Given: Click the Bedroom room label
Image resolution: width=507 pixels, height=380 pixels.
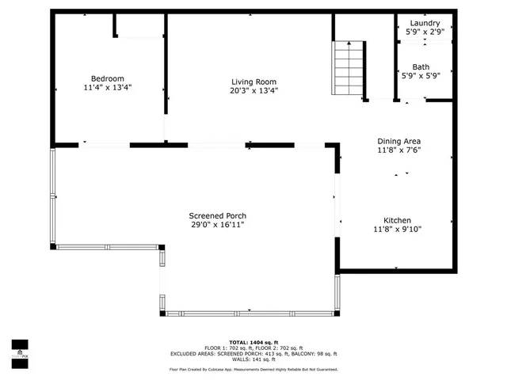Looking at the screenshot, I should point(108,78).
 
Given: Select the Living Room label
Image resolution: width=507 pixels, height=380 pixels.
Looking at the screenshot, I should point(253,82).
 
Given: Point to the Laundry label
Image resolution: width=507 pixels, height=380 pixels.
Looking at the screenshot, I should point(425,23).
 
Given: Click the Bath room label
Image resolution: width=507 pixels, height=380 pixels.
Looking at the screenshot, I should point(421,66).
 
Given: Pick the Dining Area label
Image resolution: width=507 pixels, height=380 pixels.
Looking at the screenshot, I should point(398,141).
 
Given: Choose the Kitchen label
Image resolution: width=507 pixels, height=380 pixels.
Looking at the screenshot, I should point(398,220).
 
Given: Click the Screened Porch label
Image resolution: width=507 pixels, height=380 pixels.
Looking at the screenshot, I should point(217,215).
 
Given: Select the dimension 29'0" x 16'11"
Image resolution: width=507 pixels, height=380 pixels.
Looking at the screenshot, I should point(217,225).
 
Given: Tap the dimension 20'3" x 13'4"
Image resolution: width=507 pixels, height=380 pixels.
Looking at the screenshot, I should point(253,90).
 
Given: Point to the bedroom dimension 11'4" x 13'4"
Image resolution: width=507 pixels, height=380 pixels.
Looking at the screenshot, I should point(108,88).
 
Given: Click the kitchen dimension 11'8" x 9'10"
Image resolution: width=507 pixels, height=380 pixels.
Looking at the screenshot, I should point(398,230).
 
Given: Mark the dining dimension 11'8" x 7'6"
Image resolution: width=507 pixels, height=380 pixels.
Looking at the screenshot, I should point(398,150).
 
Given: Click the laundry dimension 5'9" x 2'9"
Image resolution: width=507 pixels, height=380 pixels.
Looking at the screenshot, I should point(425,32).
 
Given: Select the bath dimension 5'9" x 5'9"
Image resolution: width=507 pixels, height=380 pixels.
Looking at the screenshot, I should point(421,76).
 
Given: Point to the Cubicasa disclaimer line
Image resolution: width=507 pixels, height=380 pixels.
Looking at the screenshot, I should point(253,369).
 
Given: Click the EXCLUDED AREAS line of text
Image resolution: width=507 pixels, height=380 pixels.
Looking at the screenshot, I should point(253,354).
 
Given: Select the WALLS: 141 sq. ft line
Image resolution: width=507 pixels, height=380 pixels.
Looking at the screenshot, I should point(253,359).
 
